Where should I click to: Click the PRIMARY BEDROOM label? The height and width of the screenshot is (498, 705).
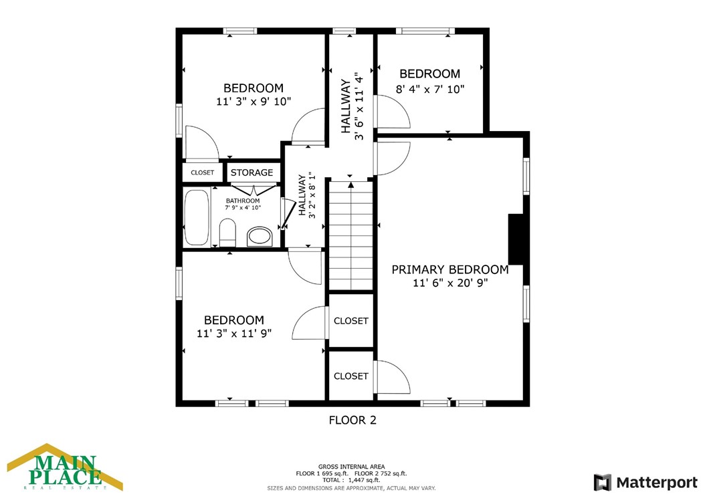(450, 269)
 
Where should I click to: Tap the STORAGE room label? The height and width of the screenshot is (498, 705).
(251, 172)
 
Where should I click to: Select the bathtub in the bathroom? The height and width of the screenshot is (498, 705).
(197, 217)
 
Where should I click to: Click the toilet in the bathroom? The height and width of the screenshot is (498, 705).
(227, 233)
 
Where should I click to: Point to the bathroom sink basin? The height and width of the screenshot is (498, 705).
(260, 236)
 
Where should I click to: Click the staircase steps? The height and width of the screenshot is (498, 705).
(351, 235)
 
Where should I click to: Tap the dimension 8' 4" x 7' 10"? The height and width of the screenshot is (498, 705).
(430, 90)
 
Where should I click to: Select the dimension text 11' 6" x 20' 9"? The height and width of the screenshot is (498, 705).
(451, 283)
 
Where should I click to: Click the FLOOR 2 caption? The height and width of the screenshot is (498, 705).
(352, 420)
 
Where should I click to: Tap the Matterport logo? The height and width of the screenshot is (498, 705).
(645, 483)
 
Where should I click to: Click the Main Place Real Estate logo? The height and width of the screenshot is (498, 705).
(65, 467)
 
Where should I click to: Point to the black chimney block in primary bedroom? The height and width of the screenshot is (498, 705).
(516, 239)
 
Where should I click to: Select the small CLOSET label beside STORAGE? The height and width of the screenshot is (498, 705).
(202, 172)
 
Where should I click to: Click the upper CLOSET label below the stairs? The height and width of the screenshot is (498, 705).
(351, 321)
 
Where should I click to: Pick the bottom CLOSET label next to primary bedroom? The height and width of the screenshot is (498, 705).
(351, 376)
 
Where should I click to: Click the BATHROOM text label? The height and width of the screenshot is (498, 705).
(243, 201)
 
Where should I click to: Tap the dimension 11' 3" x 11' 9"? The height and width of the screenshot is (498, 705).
(234, 334)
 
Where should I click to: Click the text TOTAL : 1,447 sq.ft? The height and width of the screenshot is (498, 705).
(351, 480)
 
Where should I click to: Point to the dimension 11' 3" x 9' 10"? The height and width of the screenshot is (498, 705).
(254, 102)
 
